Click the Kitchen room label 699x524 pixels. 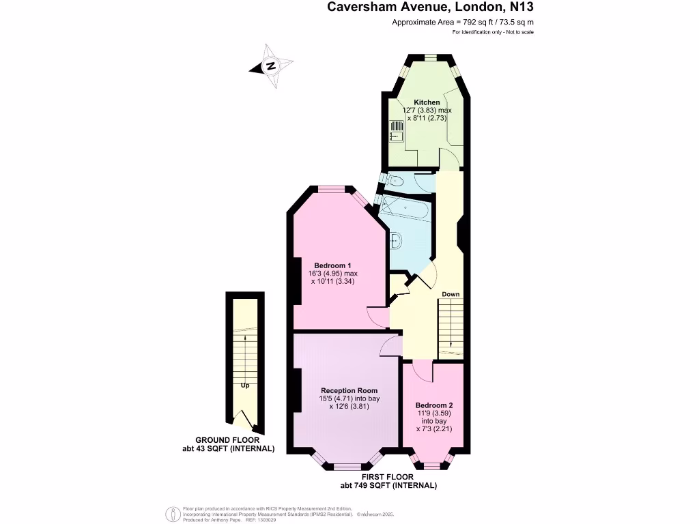(x=427, y=102)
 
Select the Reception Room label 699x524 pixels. (x=348, y=390)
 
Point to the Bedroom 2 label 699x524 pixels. (x=434, y=405)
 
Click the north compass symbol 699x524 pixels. (x=272, y=66)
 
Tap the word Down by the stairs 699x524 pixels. (x=451, y=294)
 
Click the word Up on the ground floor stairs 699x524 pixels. (x=244, y=385)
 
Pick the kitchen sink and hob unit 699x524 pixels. (x=396, y=131)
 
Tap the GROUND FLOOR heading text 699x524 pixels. (x=227, y=440)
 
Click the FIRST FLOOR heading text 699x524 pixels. (x=388, y=476)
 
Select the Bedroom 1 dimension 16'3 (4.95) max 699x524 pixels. (x=332, y=274)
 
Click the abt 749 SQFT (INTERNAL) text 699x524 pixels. (x=388, y=485)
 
